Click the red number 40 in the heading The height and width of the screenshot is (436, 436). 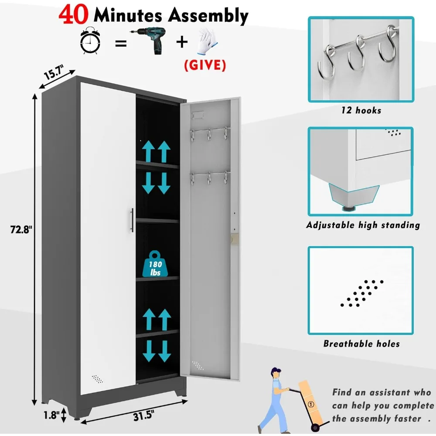click(75, 16)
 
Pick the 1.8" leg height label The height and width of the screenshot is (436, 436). click(51, 415)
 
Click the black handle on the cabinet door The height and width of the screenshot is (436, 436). click(131, 220)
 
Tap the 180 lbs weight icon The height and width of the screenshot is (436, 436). click(156, 264)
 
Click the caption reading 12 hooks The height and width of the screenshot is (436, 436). click(361, 111)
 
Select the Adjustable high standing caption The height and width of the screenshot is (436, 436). click(363, 225)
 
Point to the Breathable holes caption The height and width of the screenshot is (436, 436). click(361, 344)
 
